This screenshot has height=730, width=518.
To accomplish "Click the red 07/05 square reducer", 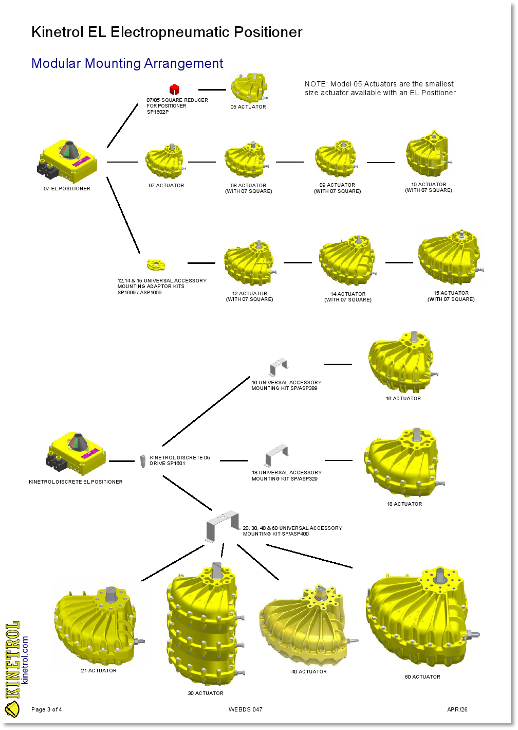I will [174, 90].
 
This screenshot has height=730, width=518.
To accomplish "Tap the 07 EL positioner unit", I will [68, 161].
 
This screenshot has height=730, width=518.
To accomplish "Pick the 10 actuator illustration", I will [427, 154].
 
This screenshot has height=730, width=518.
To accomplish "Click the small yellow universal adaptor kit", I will [156, 265].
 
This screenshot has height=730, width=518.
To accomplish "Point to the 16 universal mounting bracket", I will [278, 367].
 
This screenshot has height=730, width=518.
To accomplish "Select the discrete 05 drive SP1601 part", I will [143, 460].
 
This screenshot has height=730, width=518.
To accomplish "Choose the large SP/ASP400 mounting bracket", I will [223, 526].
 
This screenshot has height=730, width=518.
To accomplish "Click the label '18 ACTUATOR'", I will [404, 504].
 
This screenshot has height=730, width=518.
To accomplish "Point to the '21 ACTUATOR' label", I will [99, 671].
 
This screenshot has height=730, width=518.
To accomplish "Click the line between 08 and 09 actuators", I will [290, 162].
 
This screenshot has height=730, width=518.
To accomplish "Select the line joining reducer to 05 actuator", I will [212, 90].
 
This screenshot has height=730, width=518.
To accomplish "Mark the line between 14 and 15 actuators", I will [399, 262].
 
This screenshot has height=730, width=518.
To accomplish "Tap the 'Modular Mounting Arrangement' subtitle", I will [127, 64].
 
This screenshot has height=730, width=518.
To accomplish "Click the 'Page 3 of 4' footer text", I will [47, 709].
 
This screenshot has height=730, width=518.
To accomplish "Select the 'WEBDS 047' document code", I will [246, 709].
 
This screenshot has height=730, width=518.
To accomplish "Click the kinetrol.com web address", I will [25, 660].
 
